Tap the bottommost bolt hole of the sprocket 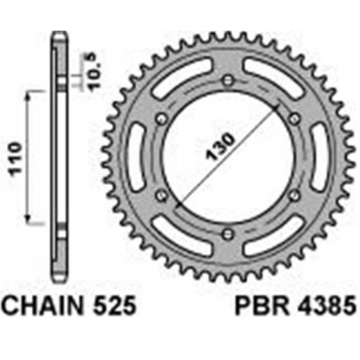[x=228, y=233]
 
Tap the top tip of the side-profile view [x=59, y=33]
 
